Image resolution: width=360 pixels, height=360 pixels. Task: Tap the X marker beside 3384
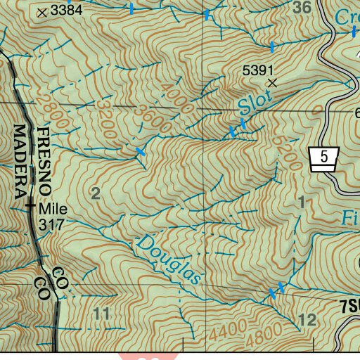(x=43, y=12)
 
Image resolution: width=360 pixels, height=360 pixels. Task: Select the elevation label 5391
(x=257, y=70)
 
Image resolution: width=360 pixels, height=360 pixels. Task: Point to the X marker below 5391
(x=274, y=83)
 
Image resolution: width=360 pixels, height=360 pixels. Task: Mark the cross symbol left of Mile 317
(x=30, y=207)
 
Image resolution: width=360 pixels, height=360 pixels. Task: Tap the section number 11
(x=102, y=313)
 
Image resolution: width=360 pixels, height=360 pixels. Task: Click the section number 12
(x=307, y=321)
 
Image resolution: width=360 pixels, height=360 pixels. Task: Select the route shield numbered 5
(x=323, y=157)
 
